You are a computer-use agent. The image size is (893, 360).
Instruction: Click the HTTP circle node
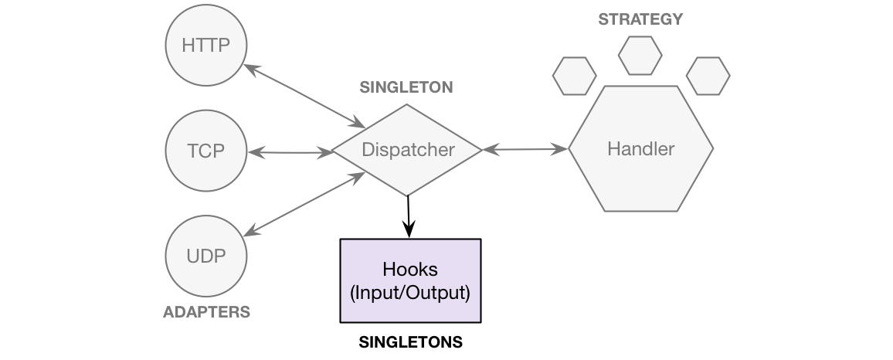coord(206,46)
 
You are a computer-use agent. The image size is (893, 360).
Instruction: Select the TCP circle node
coord(206,151)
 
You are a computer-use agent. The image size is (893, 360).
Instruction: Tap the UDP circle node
coord(206,256)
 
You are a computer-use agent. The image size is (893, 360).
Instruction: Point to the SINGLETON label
coord(406,88)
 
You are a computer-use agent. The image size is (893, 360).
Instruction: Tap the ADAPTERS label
coord(206,313)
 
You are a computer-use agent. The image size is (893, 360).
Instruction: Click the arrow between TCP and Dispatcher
coord(289,152)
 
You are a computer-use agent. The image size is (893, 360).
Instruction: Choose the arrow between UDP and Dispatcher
coord(304,204)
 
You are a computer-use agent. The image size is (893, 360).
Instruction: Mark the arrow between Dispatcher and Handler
coord(525,150)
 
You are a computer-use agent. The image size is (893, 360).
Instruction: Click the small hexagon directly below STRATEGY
coord(640,55)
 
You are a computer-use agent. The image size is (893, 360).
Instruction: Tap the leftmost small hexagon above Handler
coord(575,76)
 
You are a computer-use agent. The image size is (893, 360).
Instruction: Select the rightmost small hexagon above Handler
coord(708,76)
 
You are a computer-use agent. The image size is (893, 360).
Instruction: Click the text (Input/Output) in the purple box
coord(410,294)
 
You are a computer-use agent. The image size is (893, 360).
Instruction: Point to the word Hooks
coord(410,270)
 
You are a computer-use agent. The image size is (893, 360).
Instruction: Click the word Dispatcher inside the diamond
coord(408,150)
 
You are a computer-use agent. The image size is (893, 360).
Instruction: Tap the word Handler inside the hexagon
coord(641,149)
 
